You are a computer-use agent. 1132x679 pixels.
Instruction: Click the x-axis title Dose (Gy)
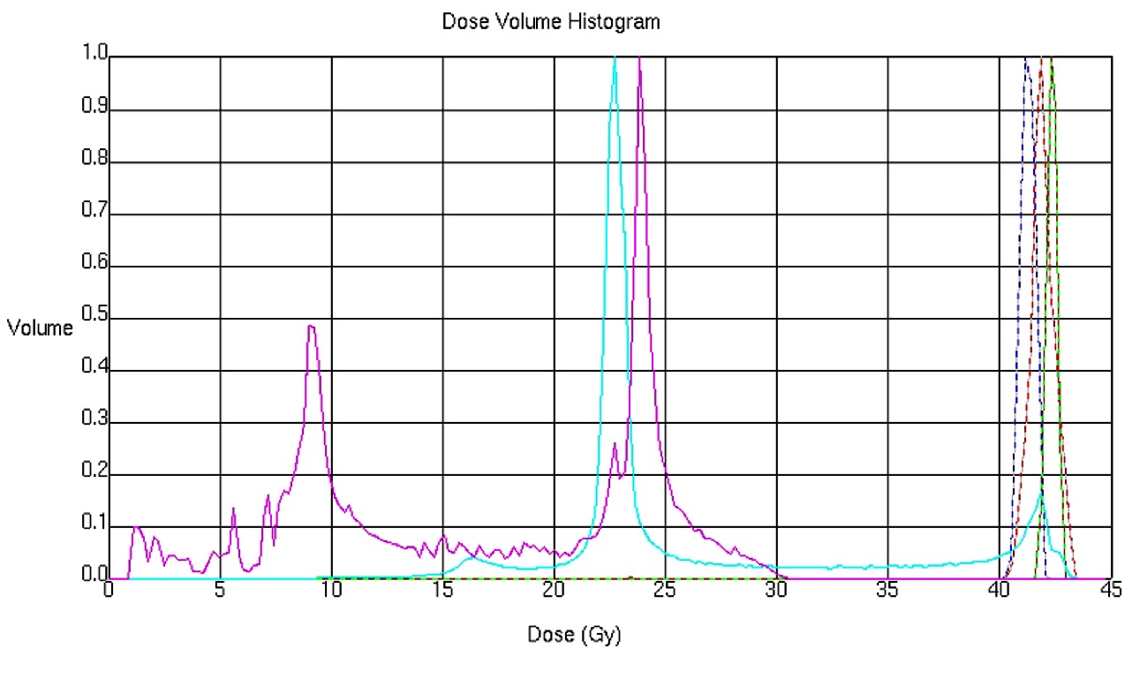tap(574, 635)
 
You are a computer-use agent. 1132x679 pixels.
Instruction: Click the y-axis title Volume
tap(40, 329)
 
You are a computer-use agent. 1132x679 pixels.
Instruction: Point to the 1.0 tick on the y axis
tap(93, 57)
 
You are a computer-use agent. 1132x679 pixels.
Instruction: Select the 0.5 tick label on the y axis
tap(93, 319)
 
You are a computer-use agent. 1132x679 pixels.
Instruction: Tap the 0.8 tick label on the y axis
tap(93, 162)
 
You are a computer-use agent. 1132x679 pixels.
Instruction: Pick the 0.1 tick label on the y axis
tap(93, 527)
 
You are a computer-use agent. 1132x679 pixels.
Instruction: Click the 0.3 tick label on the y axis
tap(93, 423)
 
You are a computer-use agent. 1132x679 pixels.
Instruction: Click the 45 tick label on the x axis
tap(1110, 590)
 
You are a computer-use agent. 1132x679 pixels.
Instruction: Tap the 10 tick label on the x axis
tap(330, 590)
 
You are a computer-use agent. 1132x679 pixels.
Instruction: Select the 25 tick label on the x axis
tap(665, 590)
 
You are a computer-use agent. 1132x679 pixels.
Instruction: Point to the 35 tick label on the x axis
tap(887, 590)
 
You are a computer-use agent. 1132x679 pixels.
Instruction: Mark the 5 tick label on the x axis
tap(220, 590)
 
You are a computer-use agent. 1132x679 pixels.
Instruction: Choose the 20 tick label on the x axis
tap(553, 590)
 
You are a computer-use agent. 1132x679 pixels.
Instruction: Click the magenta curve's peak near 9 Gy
tap(311, 326)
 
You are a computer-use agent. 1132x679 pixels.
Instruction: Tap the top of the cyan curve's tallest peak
tap(615, 58)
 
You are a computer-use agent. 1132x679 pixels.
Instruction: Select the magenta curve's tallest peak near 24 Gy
tap(639, 60)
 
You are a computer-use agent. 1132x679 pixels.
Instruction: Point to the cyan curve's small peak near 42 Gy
tap(1042, 497)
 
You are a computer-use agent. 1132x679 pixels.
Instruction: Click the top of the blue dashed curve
tap(1026, 59)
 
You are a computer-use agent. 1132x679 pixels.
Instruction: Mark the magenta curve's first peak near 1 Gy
tap(136, 526)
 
